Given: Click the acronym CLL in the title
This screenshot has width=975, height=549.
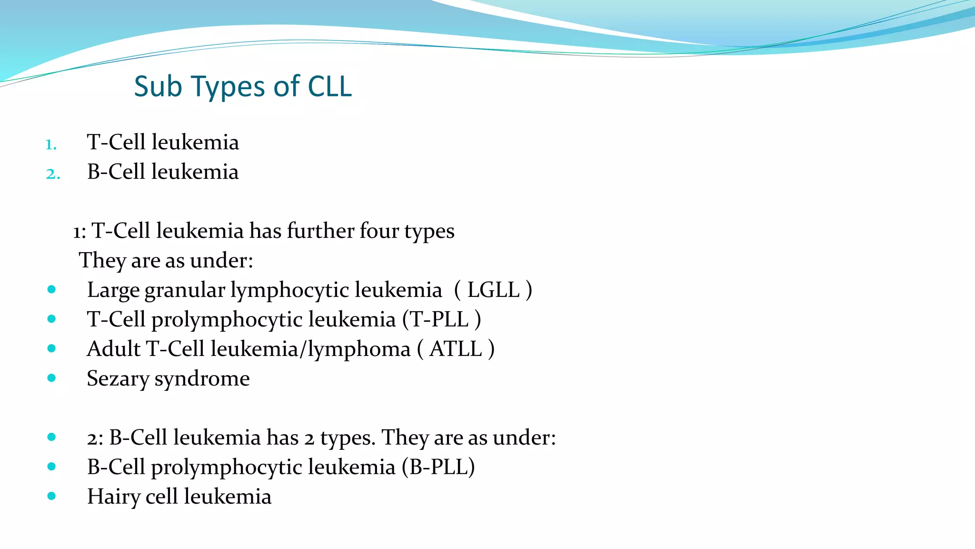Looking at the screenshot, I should (x=329, y=87).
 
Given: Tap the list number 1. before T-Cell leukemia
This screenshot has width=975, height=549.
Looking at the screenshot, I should (x=51, y=144).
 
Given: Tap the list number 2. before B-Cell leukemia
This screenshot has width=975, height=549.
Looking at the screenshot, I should (x=52, y=173).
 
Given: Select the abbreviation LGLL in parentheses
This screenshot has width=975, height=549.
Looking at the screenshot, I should (x=493, y=290).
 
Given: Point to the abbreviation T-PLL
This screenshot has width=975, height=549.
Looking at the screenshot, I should (x=439, y=319).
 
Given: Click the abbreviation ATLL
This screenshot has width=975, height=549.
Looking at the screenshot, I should (x=456, y=349).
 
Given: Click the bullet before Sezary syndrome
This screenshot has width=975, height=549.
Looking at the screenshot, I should (x=51, y=378).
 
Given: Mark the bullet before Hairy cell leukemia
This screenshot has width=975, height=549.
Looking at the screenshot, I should (x=51, y=496).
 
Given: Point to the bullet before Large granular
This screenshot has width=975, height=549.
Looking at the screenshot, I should (x=51, y=289).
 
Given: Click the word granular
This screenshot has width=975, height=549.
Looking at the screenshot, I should (x=184, y=290).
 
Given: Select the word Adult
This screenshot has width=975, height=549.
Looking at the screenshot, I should (x=113, y=349).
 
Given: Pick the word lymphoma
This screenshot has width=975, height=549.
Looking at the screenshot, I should (x=358, y=349).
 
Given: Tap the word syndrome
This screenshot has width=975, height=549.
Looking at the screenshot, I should (x=202, y=379).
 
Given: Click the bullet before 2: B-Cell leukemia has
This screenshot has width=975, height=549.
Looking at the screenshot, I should (x=51, y=437).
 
